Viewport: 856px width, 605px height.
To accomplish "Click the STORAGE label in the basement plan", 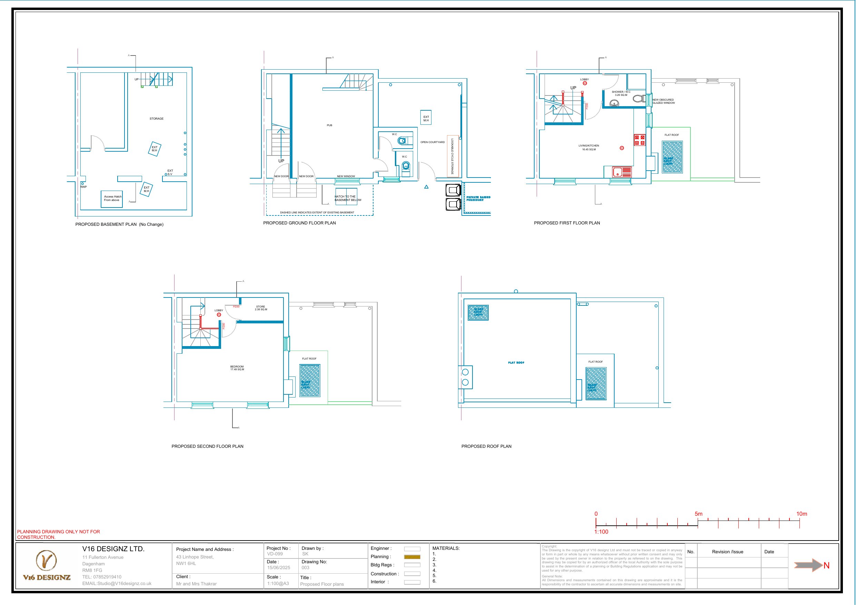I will [157, 119].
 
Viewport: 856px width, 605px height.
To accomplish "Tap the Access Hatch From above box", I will [112, 199].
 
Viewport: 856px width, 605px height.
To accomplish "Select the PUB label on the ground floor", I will [329, 125].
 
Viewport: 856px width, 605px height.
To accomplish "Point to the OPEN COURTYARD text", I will [432, 142].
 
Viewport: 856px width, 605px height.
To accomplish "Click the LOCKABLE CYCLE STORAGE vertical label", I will [452, 156].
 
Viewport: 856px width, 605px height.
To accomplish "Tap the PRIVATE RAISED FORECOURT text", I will [478, 198].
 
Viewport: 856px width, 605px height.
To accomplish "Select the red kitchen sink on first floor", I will [622, 172].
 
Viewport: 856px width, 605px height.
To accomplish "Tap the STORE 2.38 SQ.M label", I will [261, 308].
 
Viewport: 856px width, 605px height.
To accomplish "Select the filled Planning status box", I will [412, 557].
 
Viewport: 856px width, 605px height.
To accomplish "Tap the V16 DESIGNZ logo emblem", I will [46, 560].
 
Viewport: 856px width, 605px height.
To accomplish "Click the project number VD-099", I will [275, 554].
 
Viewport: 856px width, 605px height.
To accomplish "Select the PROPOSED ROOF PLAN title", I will [486, 446].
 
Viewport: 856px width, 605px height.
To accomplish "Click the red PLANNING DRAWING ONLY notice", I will [58, 534].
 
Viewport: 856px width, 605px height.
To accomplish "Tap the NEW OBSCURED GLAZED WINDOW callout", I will [663, 101].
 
